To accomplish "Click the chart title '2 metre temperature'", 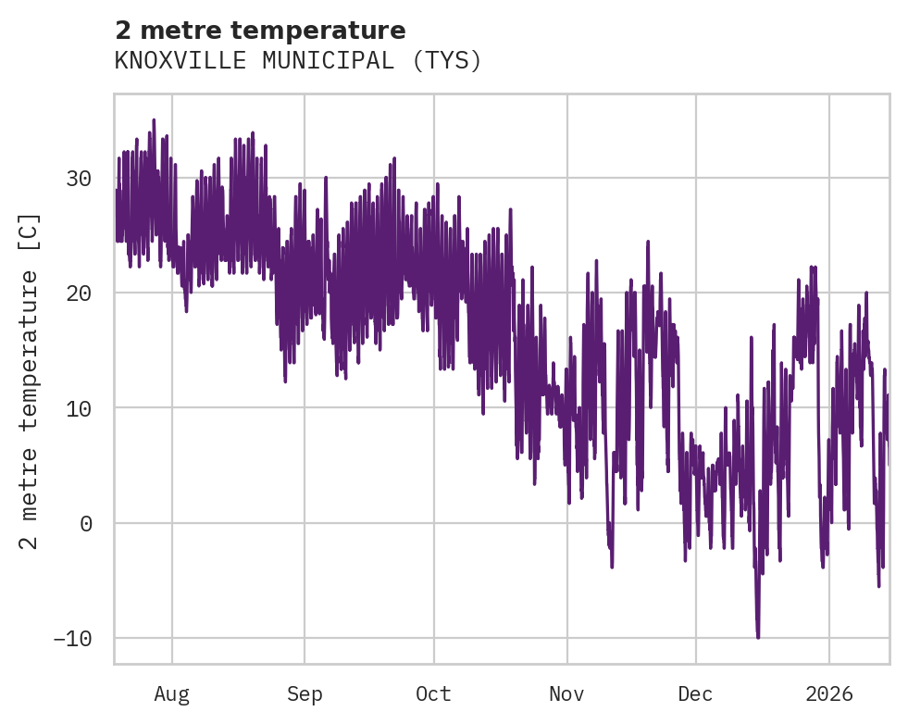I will point(260,31).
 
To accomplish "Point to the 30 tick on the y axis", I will point(80,178).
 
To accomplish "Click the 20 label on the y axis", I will point(80,293).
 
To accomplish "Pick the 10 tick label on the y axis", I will point(80,408).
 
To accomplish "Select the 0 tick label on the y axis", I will point(86,523).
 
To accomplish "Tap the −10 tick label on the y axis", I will point(73,639).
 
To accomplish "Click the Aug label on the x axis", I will point(171,694).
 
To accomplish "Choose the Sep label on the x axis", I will point(304,694).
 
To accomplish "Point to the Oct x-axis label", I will point(433,694).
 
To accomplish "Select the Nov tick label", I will point(566,694).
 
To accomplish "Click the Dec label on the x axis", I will point(695,694).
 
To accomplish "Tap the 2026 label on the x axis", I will point(828,694).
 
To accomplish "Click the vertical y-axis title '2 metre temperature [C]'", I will point(31,381).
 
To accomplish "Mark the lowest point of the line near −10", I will point(758,637).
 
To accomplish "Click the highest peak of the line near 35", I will point(154,120).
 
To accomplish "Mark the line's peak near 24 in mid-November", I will point(648,242).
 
